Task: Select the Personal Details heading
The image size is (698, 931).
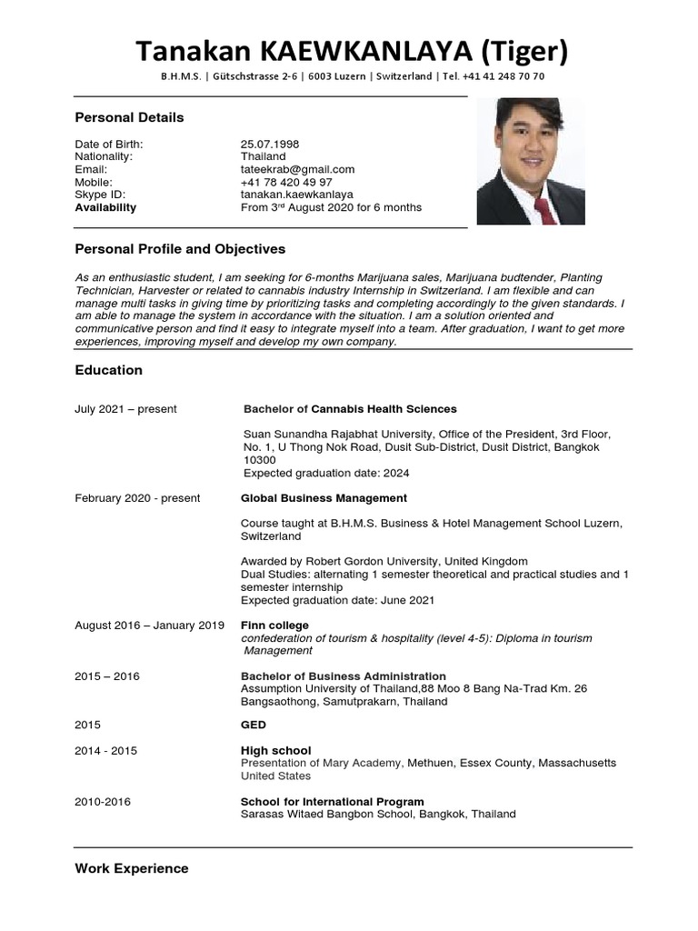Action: [x=129, y=117]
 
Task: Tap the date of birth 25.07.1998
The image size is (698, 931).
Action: [x=270, y=144]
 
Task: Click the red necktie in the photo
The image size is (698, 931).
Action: [x=545, y=209]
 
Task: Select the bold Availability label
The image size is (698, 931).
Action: [x=105, y=207]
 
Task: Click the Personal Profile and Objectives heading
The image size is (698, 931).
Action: [x=180, y=249]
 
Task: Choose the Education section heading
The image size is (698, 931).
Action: [x=108, y=370]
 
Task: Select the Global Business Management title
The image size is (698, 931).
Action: [x=324, y=498]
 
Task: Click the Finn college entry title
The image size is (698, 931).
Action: [x=274, y=626]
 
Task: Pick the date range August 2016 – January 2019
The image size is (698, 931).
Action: [x=149, y=626]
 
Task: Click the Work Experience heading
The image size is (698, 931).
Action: [x=132, y=868]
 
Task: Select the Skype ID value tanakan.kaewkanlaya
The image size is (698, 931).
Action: [x=297, y=195]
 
